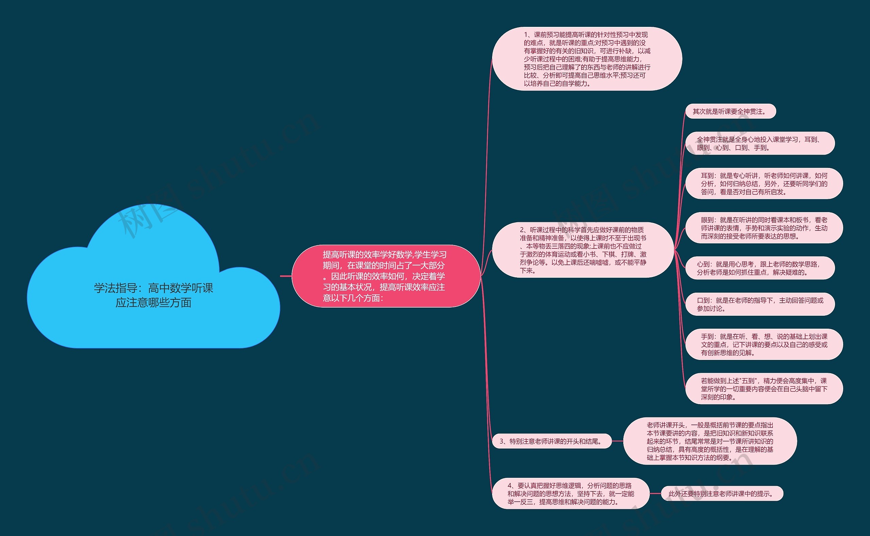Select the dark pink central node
click(386, 276)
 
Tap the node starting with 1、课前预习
click(587, 59)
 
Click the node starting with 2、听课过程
click(582, 250)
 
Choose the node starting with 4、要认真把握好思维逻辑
click(571, 494)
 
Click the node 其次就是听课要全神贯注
click(730, 111)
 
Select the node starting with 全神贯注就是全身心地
click(760, 143)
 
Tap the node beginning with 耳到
click(764, 184)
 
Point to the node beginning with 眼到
click(764, 228)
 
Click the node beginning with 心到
click(760, 268)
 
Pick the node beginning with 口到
click(760, 304)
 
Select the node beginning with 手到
click(764, 344)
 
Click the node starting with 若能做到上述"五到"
click(764, 388)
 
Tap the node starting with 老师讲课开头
click(710, 441)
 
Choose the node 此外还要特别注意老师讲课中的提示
click(722, 494)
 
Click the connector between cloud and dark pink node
click(285, 276)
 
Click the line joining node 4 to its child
click(655, 494)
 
